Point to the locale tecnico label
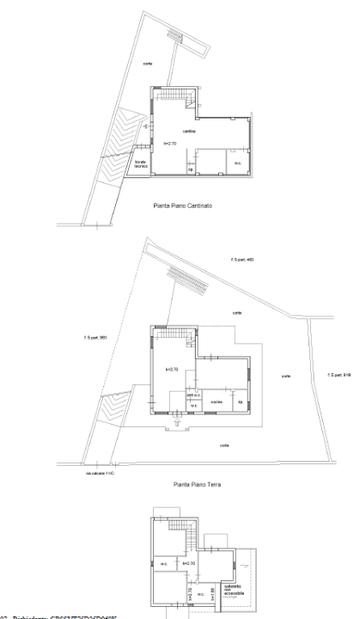click(142, 162)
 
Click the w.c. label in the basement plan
click(235, 163)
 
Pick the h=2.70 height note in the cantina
click(169, 144)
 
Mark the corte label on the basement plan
click(147, 63)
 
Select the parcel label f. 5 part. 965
click(95, 337)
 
